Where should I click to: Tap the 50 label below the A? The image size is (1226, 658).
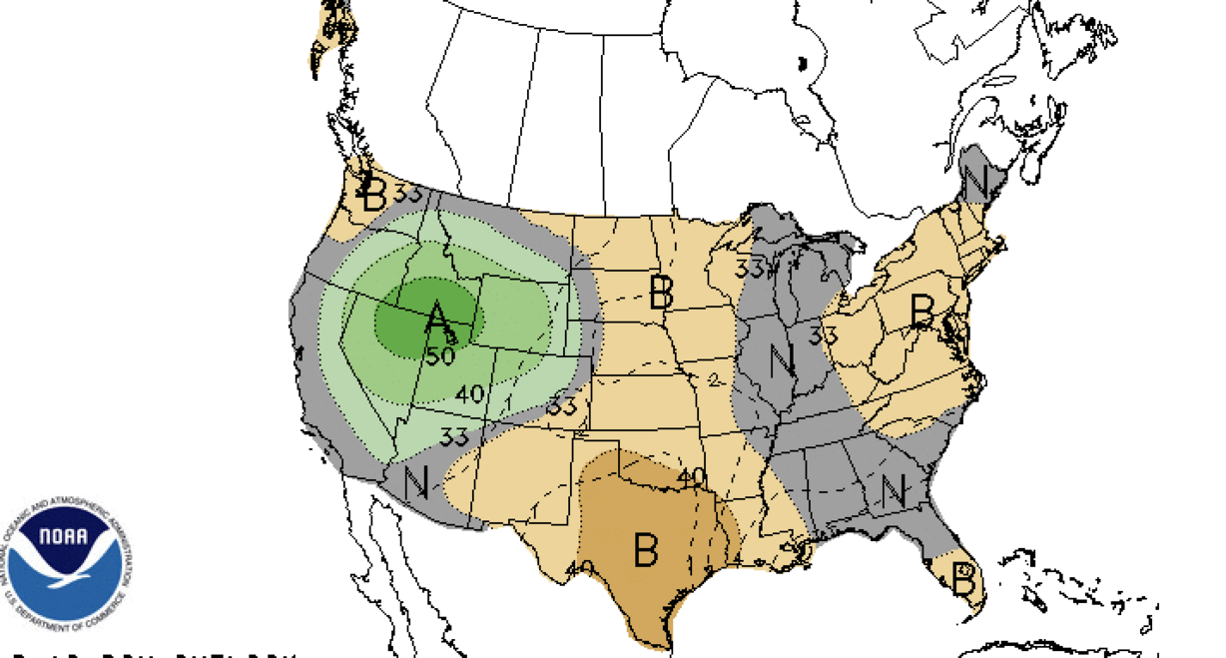click(x=440, y=355)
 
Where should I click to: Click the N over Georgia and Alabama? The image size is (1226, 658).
click(x=893, y=489)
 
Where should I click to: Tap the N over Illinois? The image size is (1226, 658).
click(x=783, y=358)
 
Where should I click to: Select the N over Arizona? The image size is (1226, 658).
click(x=417, y=482)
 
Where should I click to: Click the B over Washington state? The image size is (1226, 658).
click(x=373, y=197)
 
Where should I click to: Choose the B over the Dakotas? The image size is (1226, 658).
click(x=661, y=293)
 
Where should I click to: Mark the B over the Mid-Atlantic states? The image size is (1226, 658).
click(x=922, y=310)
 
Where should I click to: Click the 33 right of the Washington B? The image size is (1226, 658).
click(x=408, y=194)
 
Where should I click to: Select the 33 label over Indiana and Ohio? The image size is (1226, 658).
click(x=823, y=336)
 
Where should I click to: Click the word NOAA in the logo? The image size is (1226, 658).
click(x=66, y=537)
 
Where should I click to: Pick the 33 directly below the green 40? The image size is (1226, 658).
click(x=455, y=436)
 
